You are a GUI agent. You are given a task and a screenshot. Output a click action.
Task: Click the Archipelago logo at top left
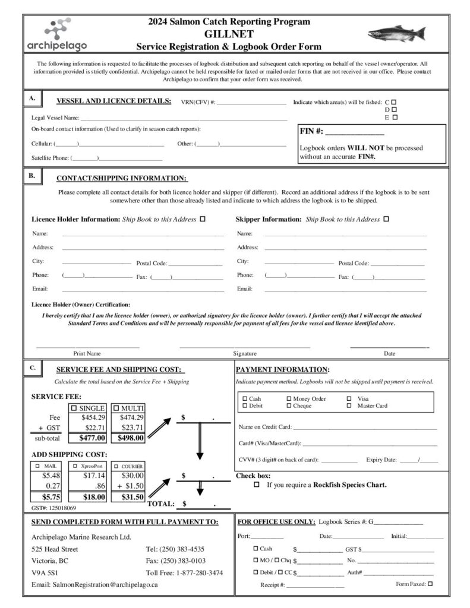pyautogui.click(x=57, y=34)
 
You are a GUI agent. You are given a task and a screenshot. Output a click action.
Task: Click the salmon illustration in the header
pyautogui.click(x=396, y=33)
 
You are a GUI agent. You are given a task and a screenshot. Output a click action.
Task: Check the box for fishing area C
pyautogui.click(x=394, y=102)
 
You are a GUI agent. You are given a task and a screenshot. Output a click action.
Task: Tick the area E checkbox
pyautogui.click(x=394, y=117)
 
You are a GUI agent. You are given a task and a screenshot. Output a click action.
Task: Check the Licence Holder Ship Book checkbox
pyautogui.click(x=203, y=219)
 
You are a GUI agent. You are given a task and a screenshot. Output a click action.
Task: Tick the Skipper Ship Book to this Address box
pyautogui.click(x=387, y=219)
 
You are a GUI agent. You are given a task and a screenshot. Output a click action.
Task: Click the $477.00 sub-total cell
pyautogui.click(x=92, y=438)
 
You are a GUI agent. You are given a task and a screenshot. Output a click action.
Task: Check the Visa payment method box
pyautogui.click(x=349, y=399)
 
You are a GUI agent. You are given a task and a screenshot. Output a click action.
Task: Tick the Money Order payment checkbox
pyautogui.click(x=289, y=399)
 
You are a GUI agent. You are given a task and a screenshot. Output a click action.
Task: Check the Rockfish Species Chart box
pyautogui.click(x=257, y=485)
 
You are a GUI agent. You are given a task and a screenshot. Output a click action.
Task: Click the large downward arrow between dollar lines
pyautogui.click(x=200, y=442)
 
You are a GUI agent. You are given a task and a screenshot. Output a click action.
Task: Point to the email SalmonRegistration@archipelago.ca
pyautogui.click(x=94, y=585)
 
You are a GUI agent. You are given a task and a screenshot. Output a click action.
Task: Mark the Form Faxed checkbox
pyautogui.click(x=430, y=584)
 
